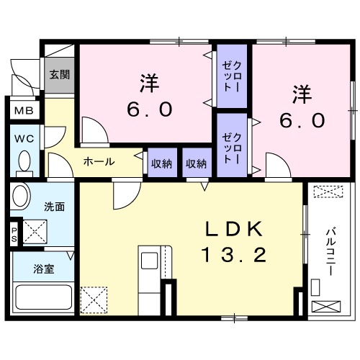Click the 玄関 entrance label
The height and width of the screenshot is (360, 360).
58,74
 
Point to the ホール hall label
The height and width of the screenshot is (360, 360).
99,162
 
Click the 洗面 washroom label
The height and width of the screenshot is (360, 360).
55,207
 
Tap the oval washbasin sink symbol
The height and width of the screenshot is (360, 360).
19,197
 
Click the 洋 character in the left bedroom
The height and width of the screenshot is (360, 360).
149,84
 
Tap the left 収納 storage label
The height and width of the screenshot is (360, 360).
162,163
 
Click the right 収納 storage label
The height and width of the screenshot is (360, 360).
197,163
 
